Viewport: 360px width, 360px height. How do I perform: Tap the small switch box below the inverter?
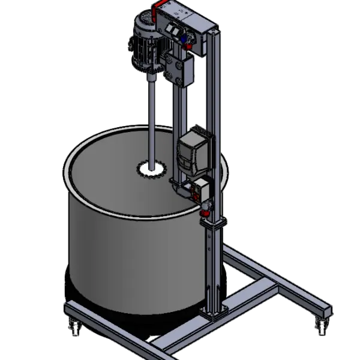197,190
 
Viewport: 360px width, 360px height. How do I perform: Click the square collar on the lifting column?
214,223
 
